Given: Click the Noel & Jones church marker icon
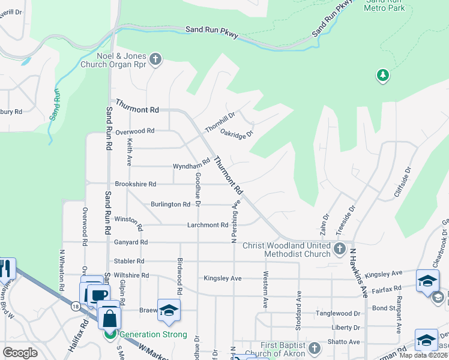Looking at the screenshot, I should pos(155,59).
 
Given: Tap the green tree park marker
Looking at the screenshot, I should pos(382,75).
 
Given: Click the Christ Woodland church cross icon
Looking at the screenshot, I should pos(339,248).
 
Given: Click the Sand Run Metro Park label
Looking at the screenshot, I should pos(384,5).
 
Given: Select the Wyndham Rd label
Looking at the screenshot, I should pos(190,164).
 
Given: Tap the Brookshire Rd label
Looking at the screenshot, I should pos(135,184).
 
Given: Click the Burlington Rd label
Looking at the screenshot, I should pos(170,205).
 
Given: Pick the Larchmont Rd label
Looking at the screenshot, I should pos(207,225).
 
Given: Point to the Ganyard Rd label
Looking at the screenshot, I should pos(130,242).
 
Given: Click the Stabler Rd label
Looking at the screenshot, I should pos(129,262).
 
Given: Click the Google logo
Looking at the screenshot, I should pos(20,353).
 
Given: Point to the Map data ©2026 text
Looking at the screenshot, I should pos(423,355).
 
